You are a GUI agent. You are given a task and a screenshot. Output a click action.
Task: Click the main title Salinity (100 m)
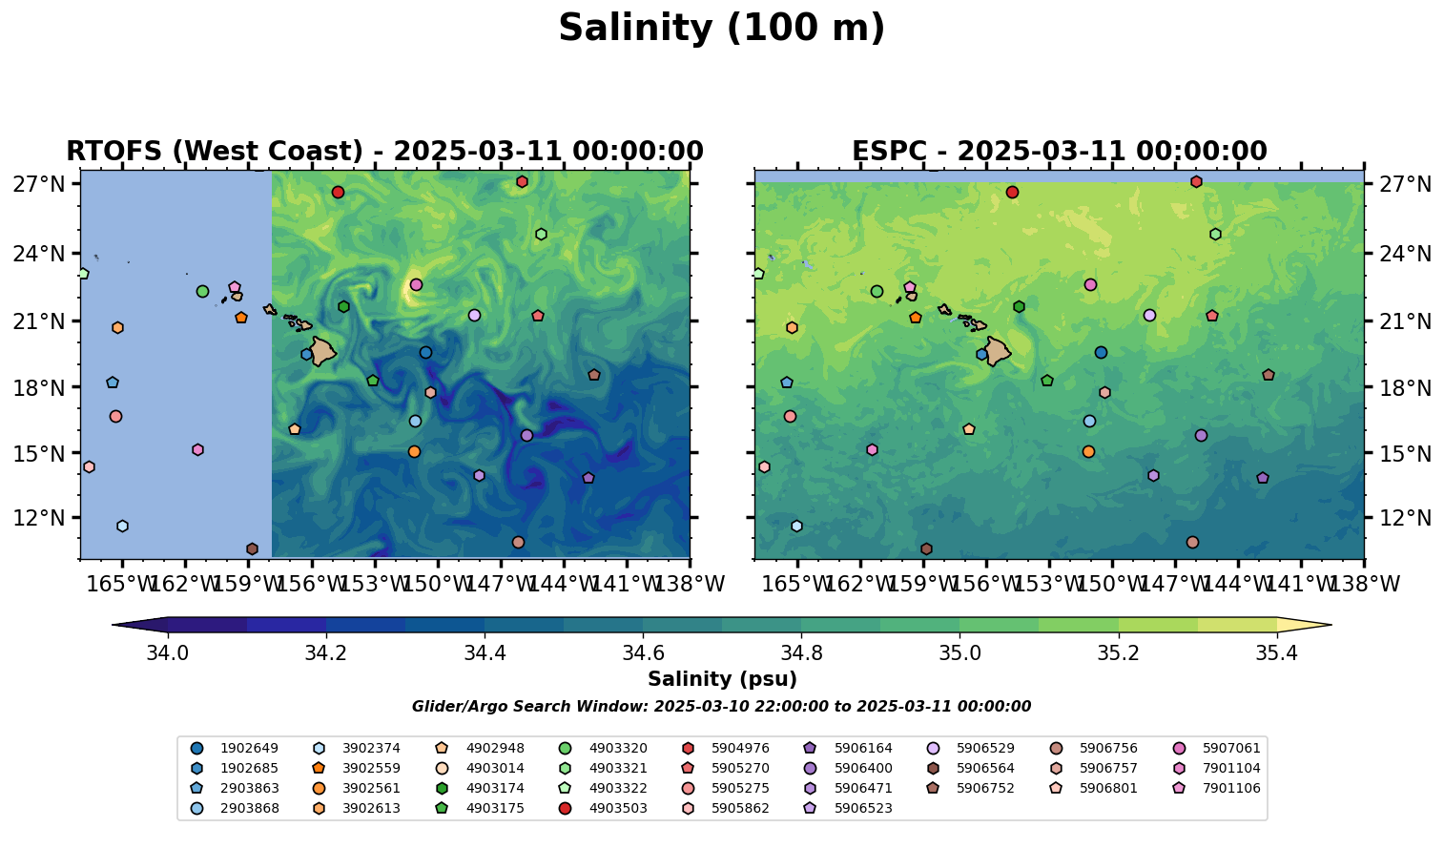(x=721, y=29)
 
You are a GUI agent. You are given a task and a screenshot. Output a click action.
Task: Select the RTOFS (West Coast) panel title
(x=384, y=152)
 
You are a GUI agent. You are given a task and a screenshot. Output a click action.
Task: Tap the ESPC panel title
(x=1059, y=152)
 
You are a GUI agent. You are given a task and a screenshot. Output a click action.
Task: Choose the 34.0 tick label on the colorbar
(x=168, y=653)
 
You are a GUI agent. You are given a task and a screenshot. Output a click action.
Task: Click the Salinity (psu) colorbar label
(x=722, y=679)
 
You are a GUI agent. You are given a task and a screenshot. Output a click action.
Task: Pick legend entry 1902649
(x=249, y=748)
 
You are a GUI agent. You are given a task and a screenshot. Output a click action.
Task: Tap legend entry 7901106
(x=1231, y=788)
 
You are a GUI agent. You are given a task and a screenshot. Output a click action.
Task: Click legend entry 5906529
(x=985, y=748)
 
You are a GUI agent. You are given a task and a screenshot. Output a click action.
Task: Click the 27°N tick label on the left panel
(x=39, y=184)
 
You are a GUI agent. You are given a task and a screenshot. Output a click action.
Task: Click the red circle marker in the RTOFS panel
(x=338, y=193)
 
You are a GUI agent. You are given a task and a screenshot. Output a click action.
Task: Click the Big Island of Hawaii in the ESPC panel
(x=998, y=351)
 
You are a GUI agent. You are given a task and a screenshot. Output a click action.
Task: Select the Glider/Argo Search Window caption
(x=721, y=707)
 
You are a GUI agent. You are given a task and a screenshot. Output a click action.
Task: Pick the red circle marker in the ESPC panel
(x=1012, y=193)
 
